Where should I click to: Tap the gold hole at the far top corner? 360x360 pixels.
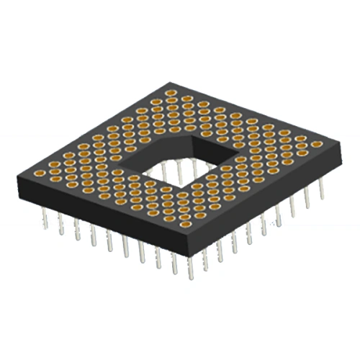[x=171, y=93]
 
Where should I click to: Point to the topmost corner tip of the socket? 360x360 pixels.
[x=170, y=82]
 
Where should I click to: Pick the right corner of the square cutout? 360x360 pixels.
[x=219, y=154]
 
